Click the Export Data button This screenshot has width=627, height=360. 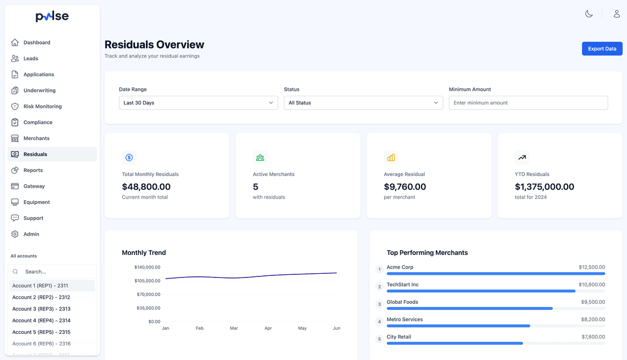pos(602,49)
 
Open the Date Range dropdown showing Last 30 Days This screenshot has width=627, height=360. pos(198,103)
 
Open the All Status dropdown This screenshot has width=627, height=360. pos(363,103)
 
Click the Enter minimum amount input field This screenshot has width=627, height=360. pos(528,103)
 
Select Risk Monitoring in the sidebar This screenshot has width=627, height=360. pos(42,107)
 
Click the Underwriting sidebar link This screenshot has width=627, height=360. pos(39,90)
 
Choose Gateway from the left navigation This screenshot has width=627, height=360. pos(34,187)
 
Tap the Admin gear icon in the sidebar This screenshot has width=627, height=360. pos(15,234)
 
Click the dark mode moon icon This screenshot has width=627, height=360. pos(589,14)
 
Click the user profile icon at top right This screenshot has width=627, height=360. pos(617,14)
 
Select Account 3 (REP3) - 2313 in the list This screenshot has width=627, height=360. pos(41,309)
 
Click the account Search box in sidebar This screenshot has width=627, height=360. pos(52,272)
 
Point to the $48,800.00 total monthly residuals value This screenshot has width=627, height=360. pos(146,187)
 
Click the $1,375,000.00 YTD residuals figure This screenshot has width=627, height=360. pos(544,187)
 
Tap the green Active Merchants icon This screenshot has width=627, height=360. pos(260,157)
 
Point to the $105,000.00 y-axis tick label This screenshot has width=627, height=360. pos(147,281)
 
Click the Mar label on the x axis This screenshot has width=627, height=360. pos(234,328)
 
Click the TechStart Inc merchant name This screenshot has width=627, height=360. pos(402,285)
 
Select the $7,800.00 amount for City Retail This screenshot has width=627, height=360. pos(591,337)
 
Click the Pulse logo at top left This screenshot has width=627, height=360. pos(52,17)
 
